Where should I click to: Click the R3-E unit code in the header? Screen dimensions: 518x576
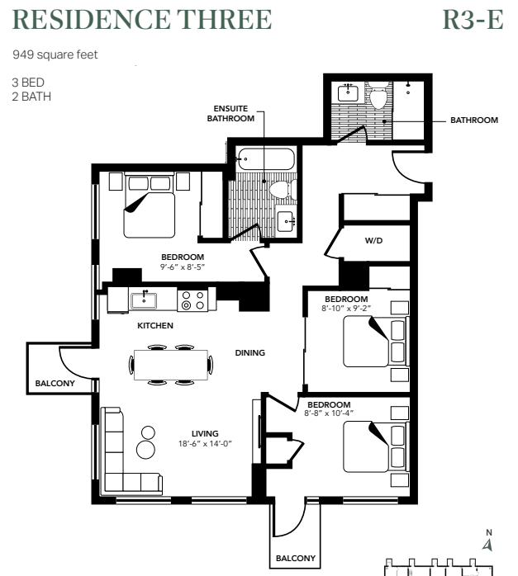(x=473, y=20)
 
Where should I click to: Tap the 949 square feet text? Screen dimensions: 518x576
(x=55, y=54)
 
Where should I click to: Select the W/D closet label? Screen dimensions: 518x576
(x=373, y=241)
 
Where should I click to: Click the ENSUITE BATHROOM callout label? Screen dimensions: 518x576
(x=230, y=114)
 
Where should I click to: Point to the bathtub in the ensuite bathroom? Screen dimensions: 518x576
(x=266, y=159)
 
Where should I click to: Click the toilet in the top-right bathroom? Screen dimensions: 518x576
(x=378, y=96)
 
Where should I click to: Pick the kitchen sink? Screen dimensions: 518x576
(x=144, y=300)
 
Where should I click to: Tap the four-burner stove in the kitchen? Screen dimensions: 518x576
(x=193, y=300)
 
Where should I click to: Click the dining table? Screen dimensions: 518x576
(x=171, y=365)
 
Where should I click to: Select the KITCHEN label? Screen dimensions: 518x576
(x=155, y=326)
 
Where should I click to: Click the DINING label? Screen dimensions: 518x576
(x=250, y=353)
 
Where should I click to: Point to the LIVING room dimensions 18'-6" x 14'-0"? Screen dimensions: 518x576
(x=205, y=444)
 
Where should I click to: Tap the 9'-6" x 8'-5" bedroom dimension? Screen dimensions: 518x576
(x=183, y=267)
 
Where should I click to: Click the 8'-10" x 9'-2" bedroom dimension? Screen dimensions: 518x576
(x=346, y=308)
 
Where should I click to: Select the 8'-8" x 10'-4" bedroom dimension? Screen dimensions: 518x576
(x=329, y=413)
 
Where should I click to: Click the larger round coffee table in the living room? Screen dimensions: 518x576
(x=146, y=449)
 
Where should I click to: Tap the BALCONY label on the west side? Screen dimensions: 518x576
(x=55, y=384)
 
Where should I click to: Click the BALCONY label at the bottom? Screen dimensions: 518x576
(x=296, y=559)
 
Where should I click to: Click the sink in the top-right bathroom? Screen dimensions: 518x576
(x=348, y=93)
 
